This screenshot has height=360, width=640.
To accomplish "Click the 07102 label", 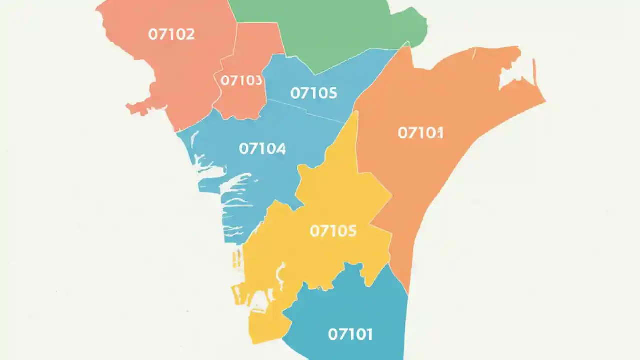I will (x=171, y=34).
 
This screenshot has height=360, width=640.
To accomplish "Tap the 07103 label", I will (x=241, y=80).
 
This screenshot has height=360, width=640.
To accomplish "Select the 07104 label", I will (x=262, y=148).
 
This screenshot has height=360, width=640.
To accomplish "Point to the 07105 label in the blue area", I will (x=314, y=93).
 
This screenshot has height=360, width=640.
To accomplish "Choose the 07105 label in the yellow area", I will (x=333, y=231).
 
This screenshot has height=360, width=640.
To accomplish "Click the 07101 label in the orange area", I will (x=421, y=133).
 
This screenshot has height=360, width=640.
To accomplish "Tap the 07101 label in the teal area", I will (x=350, y=334).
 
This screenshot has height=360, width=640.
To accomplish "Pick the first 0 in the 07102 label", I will (x=153, y=34).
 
